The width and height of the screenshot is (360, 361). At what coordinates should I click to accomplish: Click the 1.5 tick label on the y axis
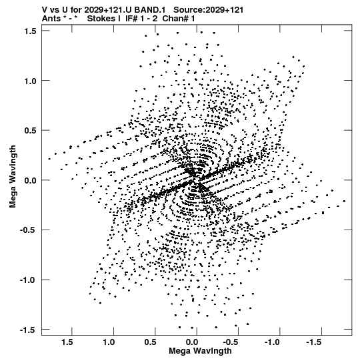coord(31,31)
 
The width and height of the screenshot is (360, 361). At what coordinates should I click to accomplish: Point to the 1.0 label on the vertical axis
coord(31,81)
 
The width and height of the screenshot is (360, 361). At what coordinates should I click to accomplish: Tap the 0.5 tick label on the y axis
coord(31,131)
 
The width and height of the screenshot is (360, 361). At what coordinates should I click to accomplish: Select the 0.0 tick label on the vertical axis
coord(31,180)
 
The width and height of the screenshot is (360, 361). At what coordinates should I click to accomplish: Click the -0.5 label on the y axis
coord(28,230)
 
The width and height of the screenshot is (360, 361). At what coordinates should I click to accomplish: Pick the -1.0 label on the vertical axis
coord(28,280)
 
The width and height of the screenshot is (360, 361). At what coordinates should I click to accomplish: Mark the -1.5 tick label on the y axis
coord(28,330)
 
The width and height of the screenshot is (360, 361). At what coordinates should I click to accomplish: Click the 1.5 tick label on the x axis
coord(67,342)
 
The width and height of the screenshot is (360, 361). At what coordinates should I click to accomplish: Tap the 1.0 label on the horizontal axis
coord(109,342)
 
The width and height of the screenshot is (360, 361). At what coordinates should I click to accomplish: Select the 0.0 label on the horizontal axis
coord(192,342)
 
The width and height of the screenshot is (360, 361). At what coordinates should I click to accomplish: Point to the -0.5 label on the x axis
coord(231,342)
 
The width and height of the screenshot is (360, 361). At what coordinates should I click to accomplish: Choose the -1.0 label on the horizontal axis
coord(273,342)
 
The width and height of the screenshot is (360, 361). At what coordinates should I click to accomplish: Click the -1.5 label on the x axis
coord(315,342)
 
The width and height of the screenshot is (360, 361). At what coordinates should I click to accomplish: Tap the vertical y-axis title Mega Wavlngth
coord(13,176)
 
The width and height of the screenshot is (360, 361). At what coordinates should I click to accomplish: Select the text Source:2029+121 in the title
coord(208,10)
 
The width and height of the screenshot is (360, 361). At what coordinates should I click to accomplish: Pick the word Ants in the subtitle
coord(51,19)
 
